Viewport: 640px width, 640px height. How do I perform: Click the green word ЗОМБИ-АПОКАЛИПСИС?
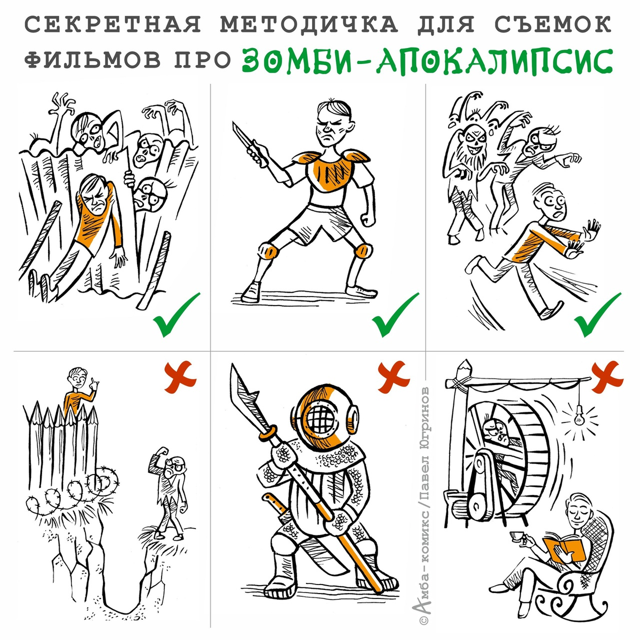point(427,61)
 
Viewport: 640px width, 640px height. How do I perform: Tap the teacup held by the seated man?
point(516,535)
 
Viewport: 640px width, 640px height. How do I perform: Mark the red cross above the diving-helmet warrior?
point(394,377)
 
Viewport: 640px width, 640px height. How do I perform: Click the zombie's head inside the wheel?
point(495,432)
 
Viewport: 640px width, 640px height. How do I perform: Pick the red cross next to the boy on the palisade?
point(180,377)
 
